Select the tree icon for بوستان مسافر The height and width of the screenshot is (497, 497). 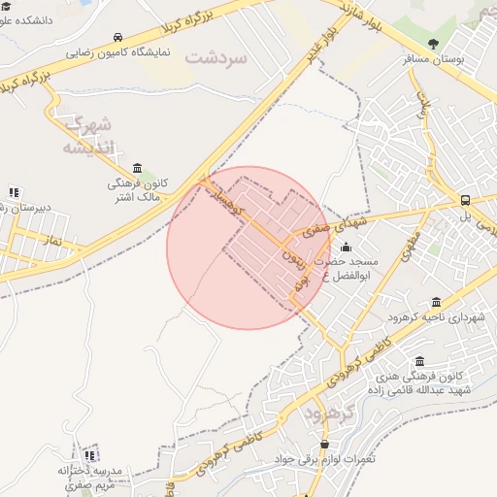[x=433, y=43]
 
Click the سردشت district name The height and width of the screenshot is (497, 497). [x=215, y=57]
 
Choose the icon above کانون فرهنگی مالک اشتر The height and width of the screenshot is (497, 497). [x=137, y=167]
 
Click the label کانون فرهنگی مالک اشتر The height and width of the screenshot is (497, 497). [x=138, y=188]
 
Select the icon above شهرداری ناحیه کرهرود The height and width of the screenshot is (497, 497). [x=435, y=302]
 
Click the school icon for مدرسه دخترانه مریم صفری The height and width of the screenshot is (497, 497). [x=90, y=454]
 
